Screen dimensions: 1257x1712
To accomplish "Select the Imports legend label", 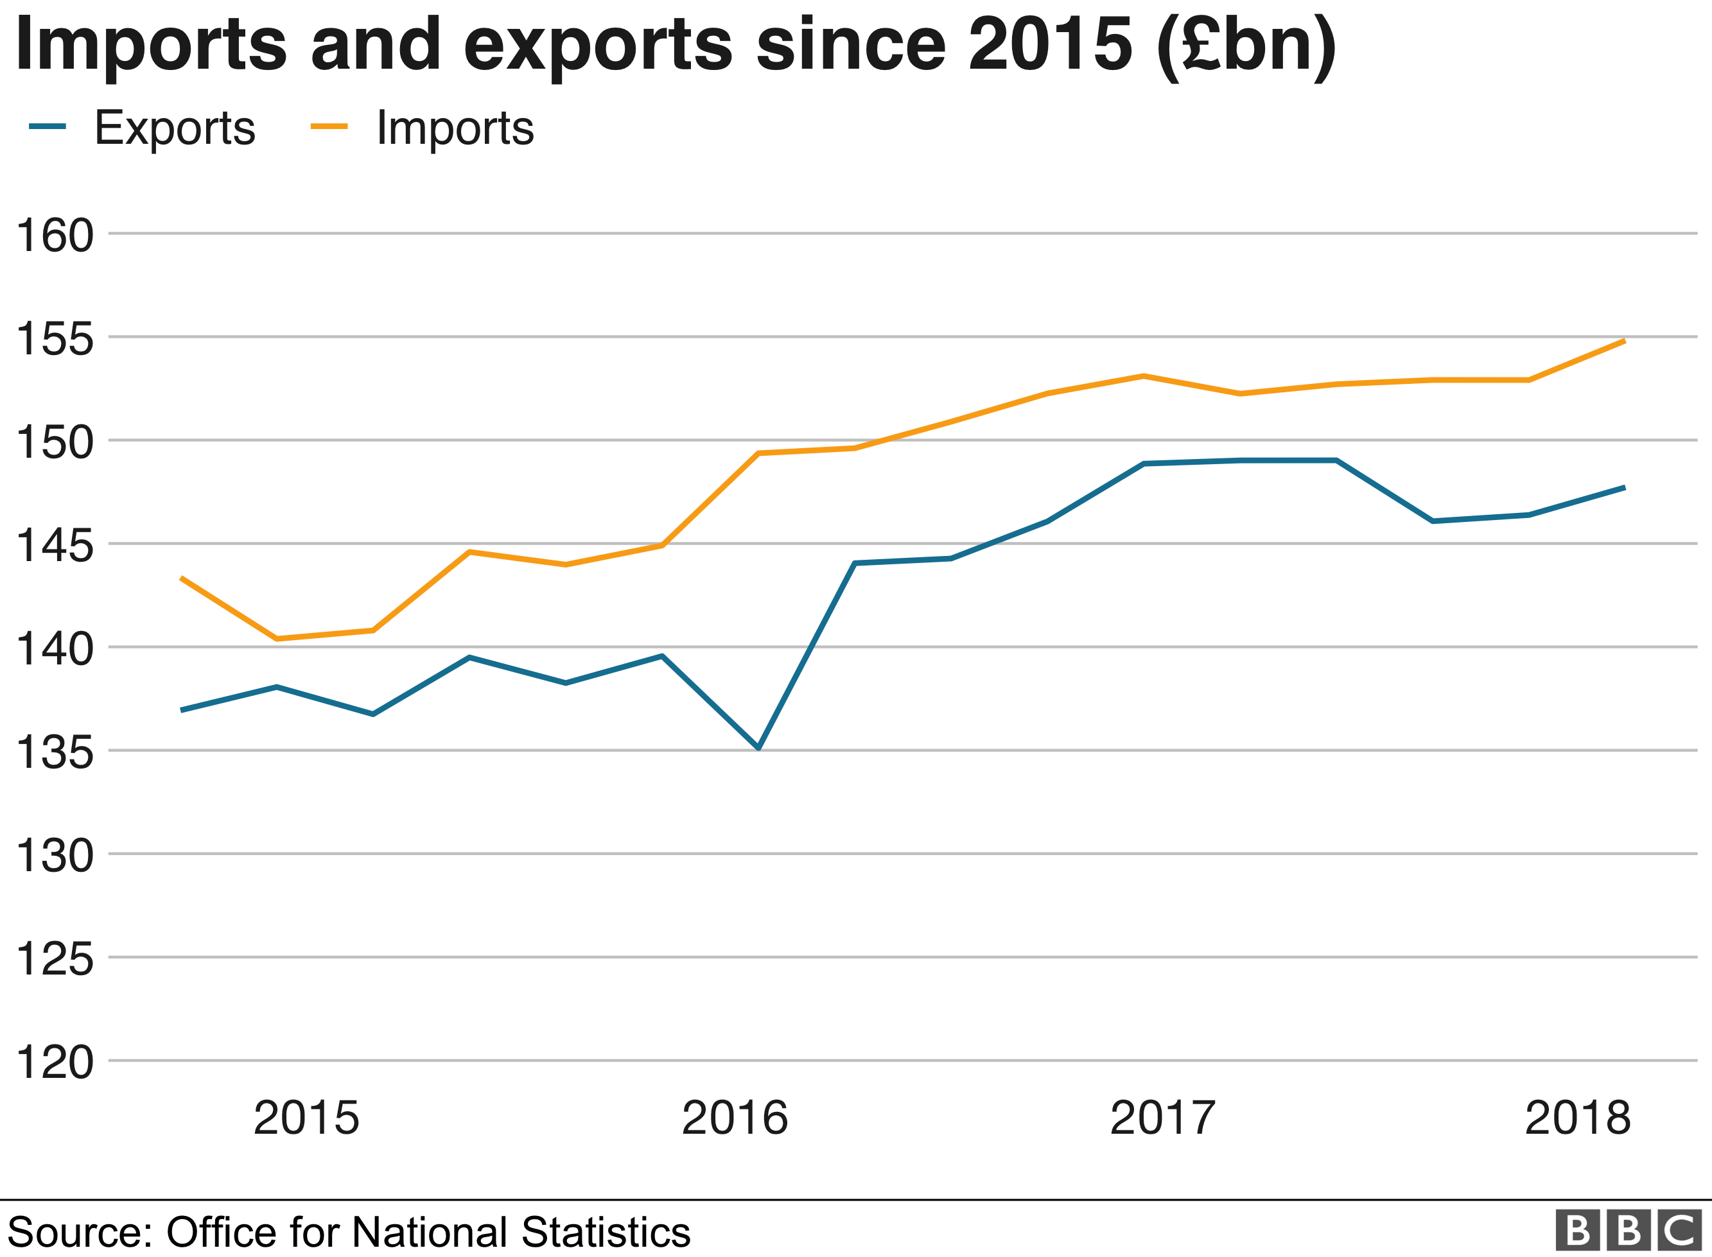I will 455,128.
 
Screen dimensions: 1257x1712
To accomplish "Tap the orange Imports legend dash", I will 329,126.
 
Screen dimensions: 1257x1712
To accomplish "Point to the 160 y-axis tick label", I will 55,235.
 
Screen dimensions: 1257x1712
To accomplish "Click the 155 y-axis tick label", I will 55,338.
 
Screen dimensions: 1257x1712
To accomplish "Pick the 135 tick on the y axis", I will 55,752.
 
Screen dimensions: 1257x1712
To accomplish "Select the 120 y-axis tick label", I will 55,1062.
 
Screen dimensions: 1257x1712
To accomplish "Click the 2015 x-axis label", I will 306,1118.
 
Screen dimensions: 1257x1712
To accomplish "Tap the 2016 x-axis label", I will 734,1118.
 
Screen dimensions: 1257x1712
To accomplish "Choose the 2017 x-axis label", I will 1163,1118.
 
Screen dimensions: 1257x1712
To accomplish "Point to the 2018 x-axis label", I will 1577,1118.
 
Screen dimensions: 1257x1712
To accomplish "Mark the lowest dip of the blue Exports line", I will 758,748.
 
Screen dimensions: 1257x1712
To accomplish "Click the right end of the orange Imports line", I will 1625,341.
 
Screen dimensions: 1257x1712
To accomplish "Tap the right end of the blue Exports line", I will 1625,488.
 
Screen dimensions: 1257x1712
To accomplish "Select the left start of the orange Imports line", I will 181,578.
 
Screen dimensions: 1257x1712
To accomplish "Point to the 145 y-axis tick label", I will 55,546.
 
